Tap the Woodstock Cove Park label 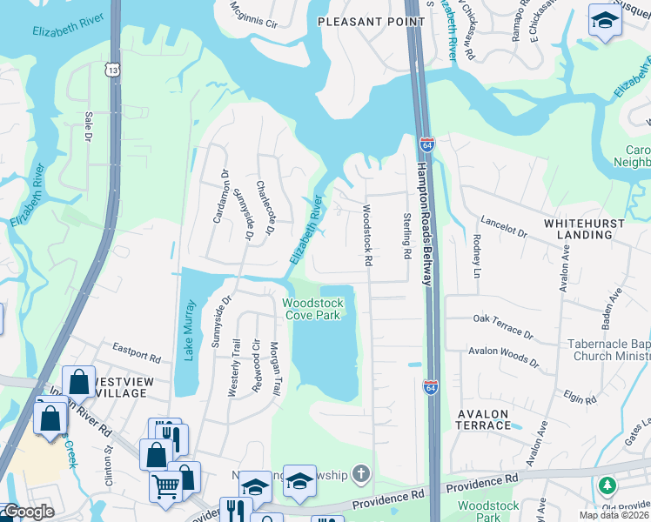click(312, 309)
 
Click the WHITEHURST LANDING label click(589, 229)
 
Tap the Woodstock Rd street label click(367, 235)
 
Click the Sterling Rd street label click(406, 236)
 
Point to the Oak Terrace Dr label click(502, 325)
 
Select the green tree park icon click(607, 485)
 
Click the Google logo click(28, 512)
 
